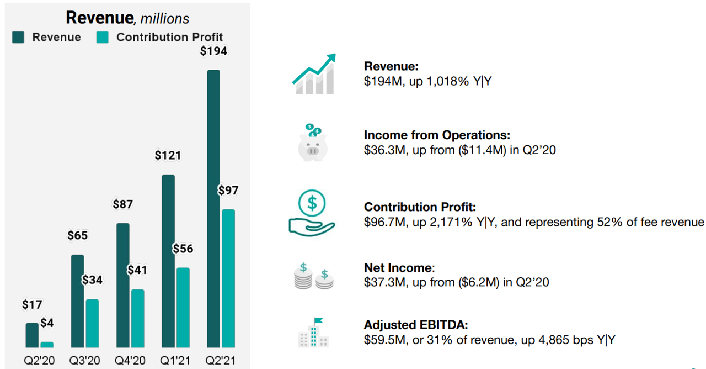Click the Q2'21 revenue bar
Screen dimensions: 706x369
[x=213, y=209]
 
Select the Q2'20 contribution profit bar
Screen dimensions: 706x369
[x=47, y=345]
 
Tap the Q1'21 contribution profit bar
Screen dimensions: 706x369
[x=183, y=308]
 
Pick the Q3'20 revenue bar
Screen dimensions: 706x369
[x=78, y=301]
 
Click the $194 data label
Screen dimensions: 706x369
[x=213, y=51]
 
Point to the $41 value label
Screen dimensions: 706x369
[x=137, y=270]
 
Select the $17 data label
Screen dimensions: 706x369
[x=32, y=304]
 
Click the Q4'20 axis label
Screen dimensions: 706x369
[x=130, y=361]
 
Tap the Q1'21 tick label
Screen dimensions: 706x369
[x=175, y=361]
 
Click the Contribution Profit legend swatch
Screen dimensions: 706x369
[x=103, y=37]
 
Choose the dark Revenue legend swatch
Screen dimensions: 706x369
[x=18, y=37]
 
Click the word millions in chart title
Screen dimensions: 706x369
[x=164, y=19]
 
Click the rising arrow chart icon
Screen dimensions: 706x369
[x=314, y=74]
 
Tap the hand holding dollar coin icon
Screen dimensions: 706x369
[x=312, y=213]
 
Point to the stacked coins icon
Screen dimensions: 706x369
[x=314, y=276]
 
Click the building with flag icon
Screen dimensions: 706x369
[x=314, y=333]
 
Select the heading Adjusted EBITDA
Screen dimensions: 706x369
[x=416, y=325]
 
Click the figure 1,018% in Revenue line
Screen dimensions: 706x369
[x=448, y=81]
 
